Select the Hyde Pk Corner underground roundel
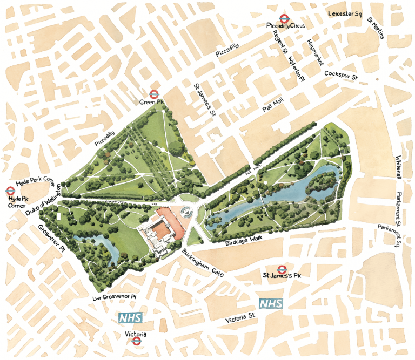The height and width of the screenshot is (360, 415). pyautogui.click(x=10, y=190)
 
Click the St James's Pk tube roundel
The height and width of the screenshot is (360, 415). pyautogui.click(x=281, y=269)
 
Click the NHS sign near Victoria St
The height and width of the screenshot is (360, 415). pyautogui.click(x=271, y=304)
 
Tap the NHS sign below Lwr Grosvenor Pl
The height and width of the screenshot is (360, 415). pyautogui.click(x=130, y=318)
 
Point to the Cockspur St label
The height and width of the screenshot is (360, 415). pyautogui.click(x=342, y=76)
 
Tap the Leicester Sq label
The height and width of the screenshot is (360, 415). pyautogui.click(x=344, y=13)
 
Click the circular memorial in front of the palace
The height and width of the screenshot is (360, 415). pyautogui.click(x=188, y=212)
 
